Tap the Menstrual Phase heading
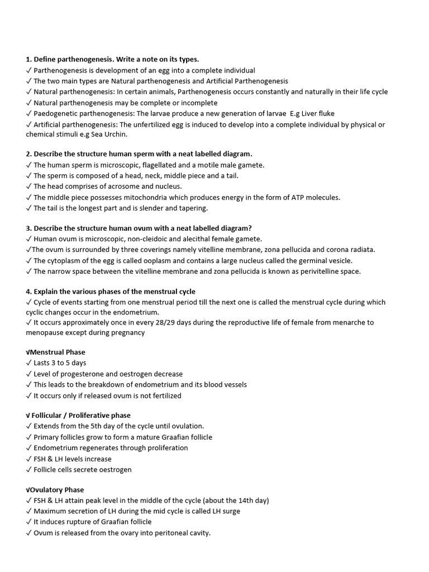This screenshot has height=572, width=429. point(58,352)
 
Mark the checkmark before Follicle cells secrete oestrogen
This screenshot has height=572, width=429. point(28,469)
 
